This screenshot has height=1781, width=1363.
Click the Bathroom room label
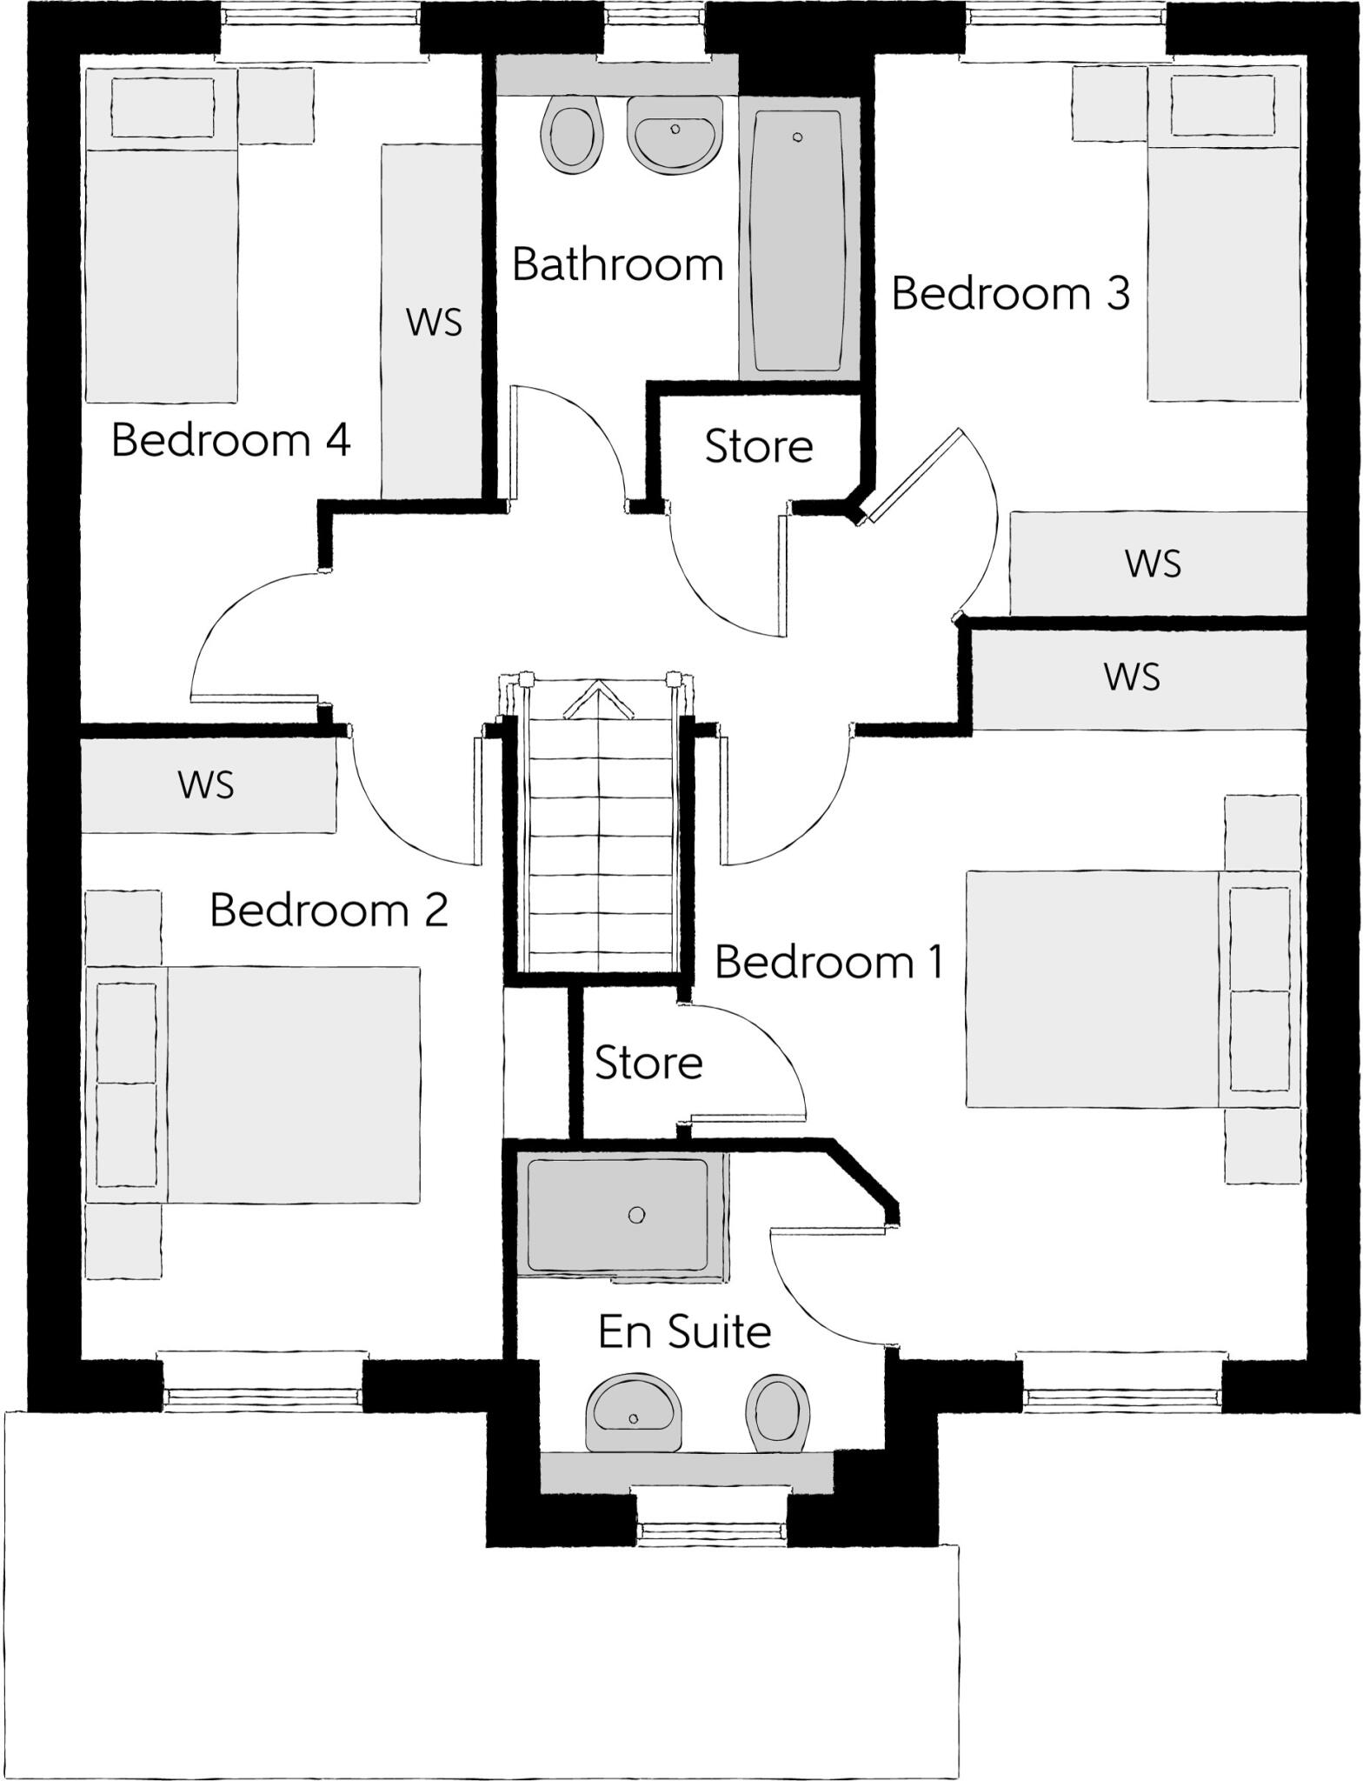pyautogui.click(x=617, y=263)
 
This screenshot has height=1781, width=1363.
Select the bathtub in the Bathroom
pyautogui.click(x=798, y=240)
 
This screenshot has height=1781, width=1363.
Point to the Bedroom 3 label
pyautogui.click(x=1010, y=293)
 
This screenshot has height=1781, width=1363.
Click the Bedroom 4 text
pyautogui.click(x=230, y=440)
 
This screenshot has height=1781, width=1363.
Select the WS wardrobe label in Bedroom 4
pyautogui.click(x=434, y=323)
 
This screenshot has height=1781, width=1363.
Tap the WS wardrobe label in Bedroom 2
pyautogui.click(x=206, y=784)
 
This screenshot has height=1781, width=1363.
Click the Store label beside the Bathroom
pyautogui.click(x=758, y=446)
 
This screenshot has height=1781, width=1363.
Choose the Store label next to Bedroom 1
pyautogui.click(x=648, y=1063)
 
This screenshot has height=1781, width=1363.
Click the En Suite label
pyautogui.click(x=685, y=1331)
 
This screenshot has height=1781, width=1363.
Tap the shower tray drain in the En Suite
pyautogui.click(x=636, y=1215)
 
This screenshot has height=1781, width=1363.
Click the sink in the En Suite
pyautogui.click(x=633, y=1415)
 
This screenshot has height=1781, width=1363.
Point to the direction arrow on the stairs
pyautogui.click(x=598, y=700)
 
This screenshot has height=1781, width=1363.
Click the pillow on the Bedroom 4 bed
pyautogui.click(x=163, y=107)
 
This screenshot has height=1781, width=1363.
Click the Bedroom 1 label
pyautogui.click(x=828, y=963)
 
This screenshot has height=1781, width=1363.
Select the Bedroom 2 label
pyautogui.click(x=329, y=911)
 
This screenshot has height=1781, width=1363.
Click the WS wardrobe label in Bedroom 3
pyautogui.click(x=1153, y=564)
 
